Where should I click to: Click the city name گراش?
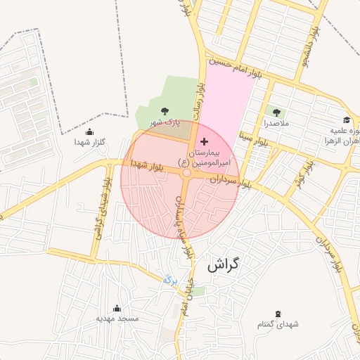(x=224, y=266)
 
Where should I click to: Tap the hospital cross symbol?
(x=205, y=142)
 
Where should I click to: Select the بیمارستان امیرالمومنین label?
(x=204, y=157)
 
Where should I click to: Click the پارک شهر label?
(x=165, y=122)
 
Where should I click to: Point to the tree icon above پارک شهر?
(x=165, y=111)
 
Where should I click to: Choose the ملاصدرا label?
(x=275, y=123)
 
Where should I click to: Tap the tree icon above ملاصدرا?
(x=275, y=112)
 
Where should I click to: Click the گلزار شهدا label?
(x=89, y=143)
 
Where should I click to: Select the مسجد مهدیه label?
(x=117, y=319)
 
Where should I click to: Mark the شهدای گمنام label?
(x=278, y=324)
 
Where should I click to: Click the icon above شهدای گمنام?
(x=278, y=313)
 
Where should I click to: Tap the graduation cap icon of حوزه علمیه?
(x=346, y=120)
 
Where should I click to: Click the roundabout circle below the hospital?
(x=186, y=173)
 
